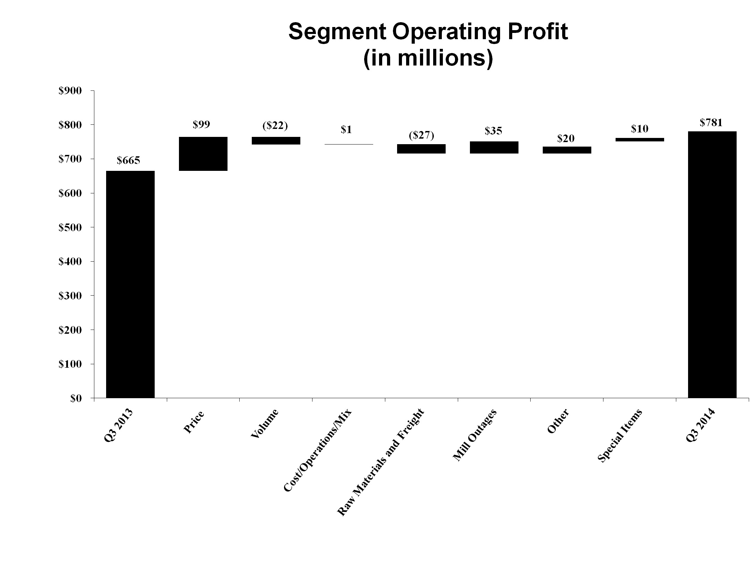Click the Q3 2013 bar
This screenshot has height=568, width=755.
pos(130,284)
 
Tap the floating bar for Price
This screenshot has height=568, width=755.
pos(203,154)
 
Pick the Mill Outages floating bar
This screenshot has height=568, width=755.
pos(494,147)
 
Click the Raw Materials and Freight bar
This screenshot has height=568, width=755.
pos(421,149)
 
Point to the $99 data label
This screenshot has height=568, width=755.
pos(201,125)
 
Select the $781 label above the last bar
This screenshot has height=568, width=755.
pos(711,123)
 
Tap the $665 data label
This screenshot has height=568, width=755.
pos(128,160)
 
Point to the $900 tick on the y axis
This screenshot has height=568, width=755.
pos(70,91)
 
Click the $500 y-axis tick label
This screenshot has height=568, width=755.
pos(70,227)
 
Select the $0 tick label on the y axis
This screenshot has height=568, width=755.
pos(76,399)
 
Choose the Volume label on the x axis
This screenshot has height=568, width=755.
pos(264,423)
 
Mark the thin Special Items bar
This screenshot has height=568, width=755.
pos(640,140)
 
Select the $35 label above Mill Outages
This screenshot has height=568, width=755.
pos(494,131)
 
